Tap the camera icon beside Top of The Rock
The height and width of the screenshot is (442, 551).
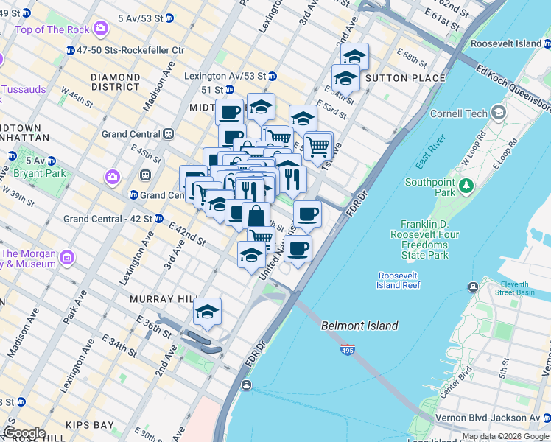click(x=101, y=29)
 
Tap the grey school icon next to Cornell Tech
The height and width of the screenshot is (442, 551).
click(x=499, y=113)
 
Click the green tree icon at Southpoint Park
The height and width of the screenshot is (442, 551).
click(x=465, y=187)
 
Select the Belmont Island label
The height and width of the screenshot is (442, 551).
click(x=359, y=326)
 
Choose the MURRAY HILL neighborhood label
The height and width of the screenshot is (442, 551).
click(x=161, y=299)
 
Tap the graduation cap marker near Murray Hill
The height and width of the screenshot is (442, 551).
click(x=208, y=312)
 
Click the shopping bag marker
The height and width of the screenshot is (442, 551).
click(x=256, y=217)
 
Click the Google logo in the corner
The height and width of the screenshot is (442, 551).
click(x=24, y=433)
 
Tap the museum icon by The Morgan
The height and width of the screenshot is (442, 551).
click(x=67, y=257)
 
